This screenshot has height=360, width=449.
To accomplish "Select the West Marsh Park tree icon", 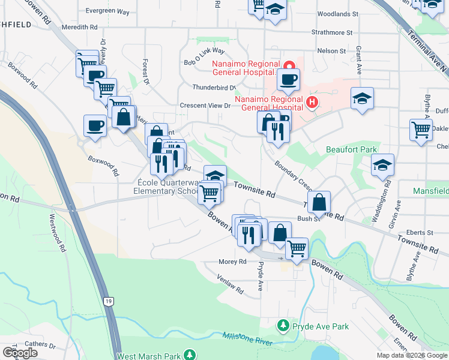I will (x=190, y=355).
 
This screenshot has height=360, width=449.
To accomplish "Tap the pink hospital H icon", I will (x=312, y=103).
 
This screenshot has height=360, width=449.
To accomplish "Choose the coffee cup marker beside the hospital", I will (x=288, y=80).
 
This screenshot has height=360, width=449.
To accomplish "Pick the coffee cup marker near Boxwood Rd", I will (x=95, y=127).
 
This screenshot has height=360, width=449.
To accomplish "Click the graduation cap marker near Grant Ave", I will (x=362, y=99).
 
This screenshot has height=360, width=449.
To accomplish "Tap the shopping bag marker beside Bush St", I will (x=319, y=202).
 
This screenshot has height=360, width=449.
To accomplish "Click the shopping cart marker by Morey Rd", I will (x=297, y=249).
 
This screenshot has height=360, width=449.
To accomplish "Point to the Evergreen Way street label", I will (x=107, y=11).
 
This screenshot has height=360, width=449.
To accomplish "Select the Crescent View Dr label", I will (x=205, y=106).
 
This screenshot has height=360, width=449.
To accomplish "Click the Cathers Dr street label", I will (x=40, y=346).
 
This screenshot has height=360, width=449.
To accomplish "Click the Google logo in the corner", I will (x=20, y=352).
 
